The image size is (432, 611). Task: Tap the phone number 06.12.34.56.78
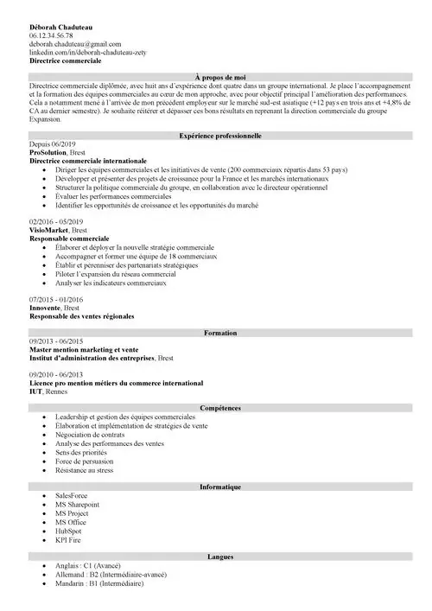(57, 35)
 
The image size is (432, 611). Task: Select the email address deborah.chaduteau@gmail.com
(75, 44)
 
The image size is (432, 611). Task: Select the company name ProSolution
(48, 153)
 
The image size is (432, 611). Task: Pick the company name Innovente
(45, 308)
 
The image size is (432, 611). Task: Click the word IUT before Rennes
(35, 391)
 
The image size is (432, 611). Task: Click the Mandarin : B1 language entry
(98, 583)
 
